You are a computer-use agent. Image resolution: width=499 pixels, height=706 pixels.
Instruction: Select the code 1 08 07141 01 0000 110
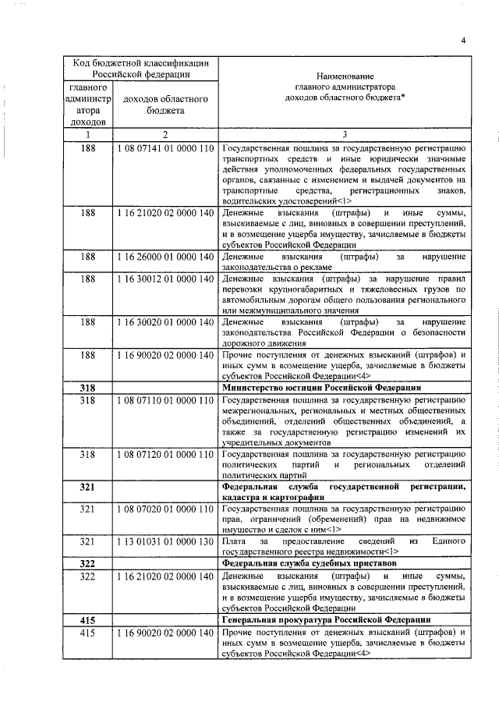coord(165,147)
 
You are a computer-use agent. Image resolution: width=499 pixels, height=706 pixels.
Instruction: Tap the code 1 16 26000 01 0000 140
coord(165,256)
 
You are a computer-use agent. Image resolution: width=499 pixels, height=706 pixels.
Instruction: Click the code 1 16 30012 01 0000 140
coord(165,278)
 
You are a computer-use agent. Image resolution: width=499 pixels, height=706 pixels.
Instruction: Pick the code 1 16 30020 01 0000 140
coord(165,321)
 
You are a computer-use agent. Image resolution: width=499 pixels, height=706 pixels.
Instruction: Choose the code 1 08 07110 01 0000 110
coord(165,400)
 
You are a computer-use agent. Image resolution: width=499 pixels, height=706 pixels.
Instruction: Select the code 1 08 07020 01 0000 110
coord(165,509)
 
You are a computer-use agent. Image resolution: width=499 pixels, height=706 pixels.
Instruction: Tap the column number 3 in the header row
coord(345,134)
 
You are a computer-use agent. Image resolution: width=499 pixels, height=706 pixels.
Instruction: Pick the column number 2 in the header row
coord(165,134)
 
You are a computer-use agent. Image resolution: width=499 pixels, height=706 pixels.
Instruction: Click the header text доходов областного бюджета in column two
coord(165,105)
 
